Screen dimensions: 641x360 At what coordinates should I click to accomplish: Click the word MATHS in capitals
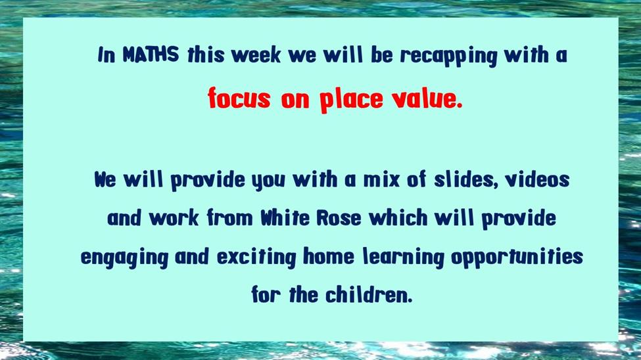pos(151,55)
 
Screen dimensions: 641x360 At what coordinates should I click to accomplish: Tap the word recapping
pos(448,56)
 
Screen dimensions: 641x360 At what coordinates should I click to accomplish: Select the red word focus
pos(239,98)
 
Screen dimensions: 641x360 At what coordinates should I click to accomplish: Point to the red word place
pos(351,99)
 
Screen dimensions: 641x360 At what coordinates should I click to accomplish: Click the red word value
pos(427,98)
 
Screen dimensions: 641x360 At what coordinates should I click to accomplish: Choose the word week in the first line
pos(256,55)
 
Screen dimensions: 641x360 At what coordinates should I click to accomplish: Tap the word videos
pos(537,179)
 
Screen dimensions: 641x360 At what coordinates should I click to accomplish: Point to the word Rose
pos(339,218)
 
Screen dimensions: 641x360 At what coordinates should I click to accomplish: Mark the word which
pos(398,218)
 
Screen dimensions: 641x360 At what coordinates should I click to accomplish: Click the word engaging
pos(124,258)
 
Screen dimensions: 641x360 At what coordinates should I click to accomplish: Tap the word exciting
pos(256,258)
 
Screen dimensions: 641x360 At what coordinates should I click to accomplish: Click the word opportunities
pos(517,258)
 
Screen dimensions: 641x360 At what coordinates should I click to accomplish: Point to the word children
pos(369,295)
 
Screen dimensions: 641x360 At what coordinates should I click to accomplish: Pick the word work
pos(174,218)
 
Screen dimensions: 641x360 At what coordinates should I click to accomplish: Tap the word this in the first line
pos(206,55)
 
